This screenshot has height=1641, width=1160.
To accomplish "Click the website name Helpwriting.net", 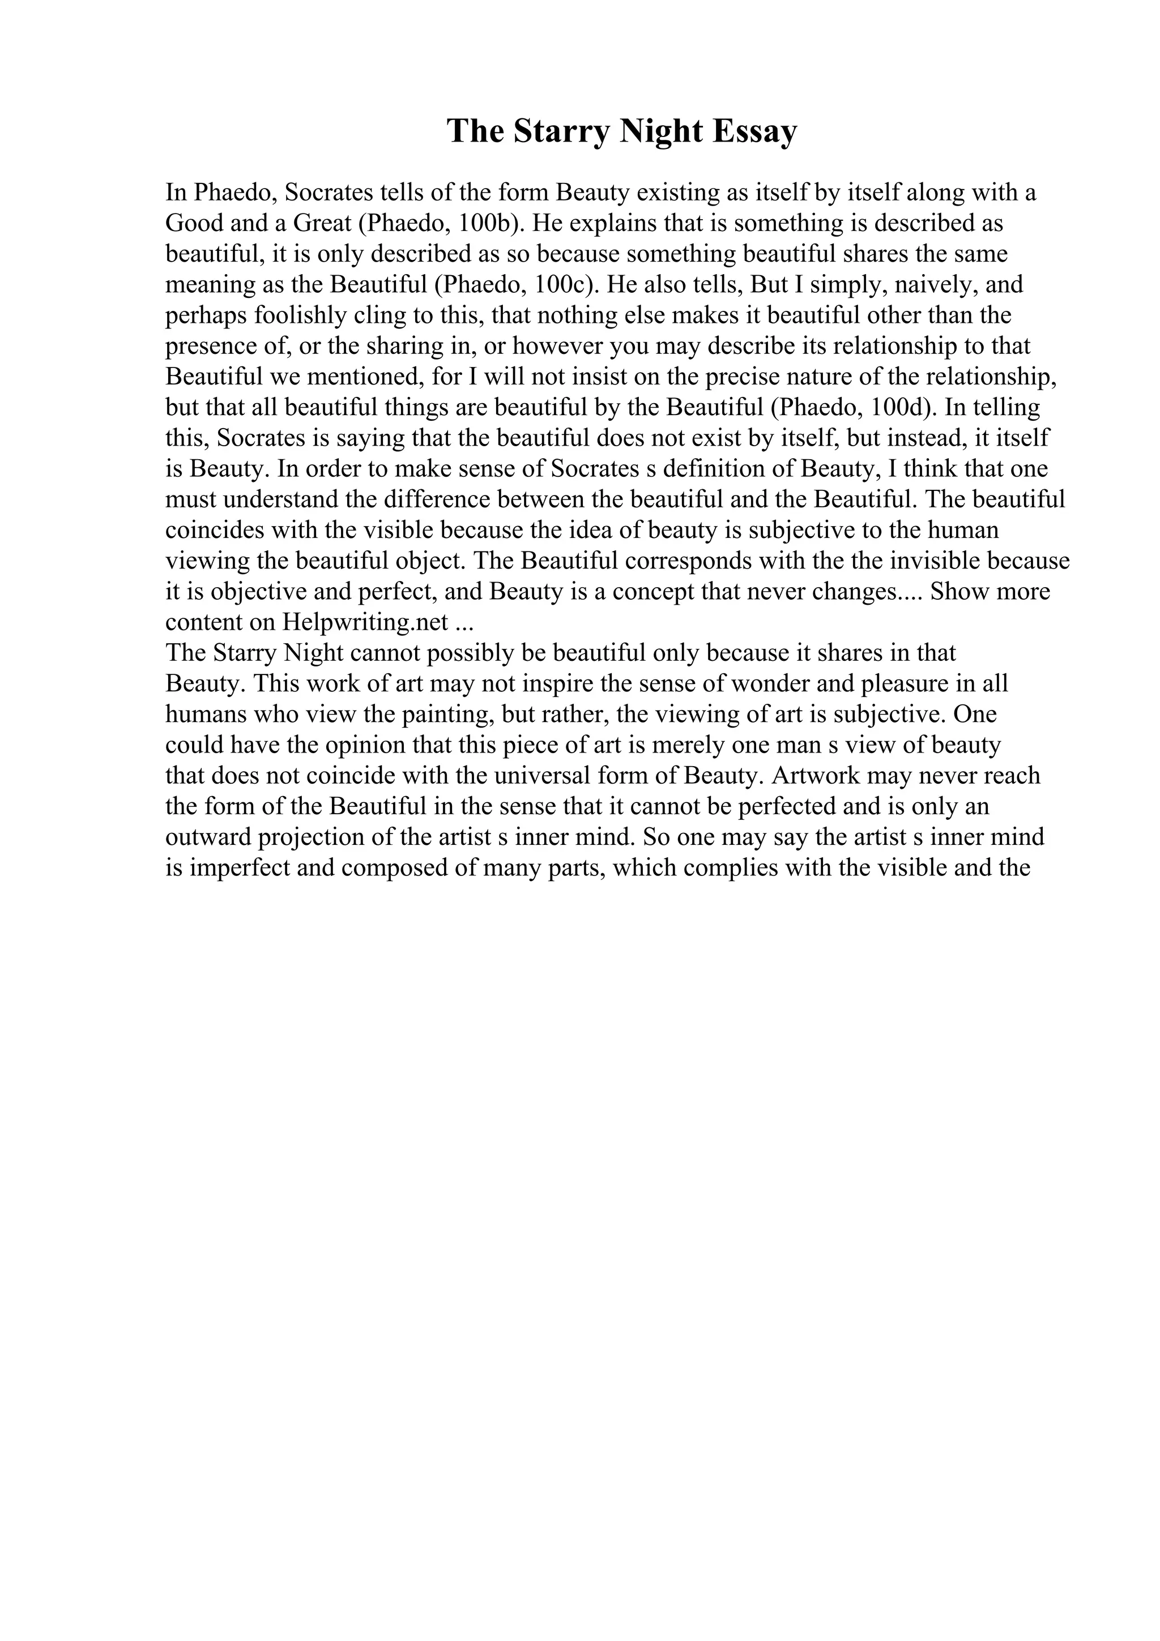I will click(x=365, y=622).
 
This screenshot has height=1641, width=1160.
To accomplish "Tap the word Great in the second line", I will click(x=322, y=224).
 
